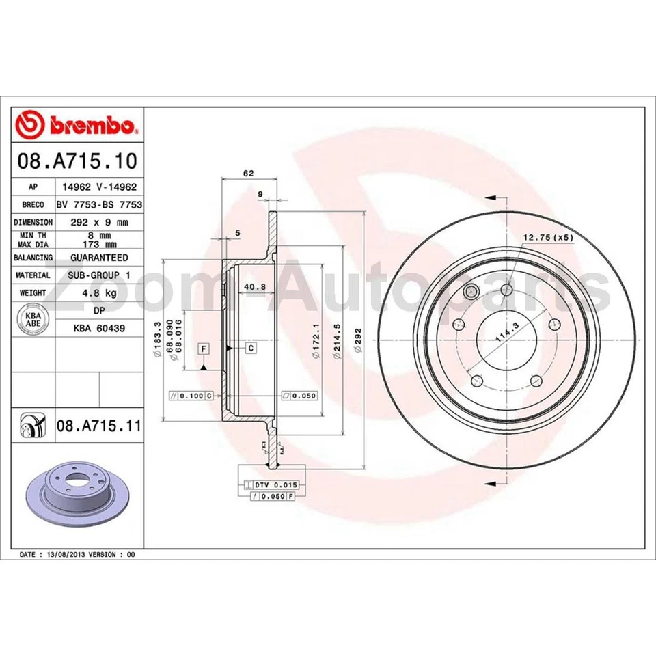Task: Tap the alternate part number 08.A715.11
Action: pyautogui.click(x=98, y=426)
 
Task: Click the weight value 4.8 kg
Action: pyautogui.click(x=99, y=293)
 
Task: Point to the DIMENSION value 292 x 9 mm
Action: pyautogui.click(x=99, y=222)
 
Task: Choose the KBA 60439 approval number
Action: pyautogui.click(x=99, y=328)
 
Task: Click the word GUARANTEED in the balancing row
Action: pyautogui.click(x=99, y=258)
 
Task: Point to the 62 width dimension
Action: pyautogui.click(x=249, y=174)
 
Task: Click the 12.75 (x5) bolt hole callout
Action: pyautogui.click(x=547, y=237)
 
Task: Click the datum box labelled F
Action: pyautogui.click(x=204, y=349)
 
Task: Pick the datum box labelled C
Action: pyautogui.click(x=251, y=348)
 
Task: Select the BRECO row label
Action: pyautogui.click(x=33, y=204)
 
